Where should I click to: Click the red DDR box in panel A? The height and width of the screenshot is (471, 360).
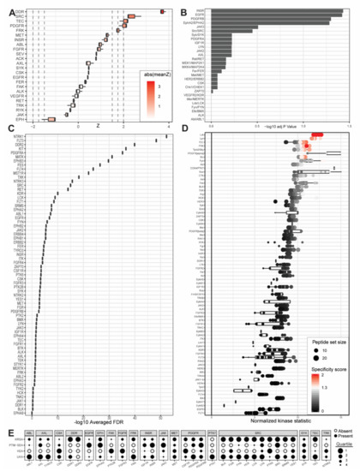(x=162, y=11)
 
